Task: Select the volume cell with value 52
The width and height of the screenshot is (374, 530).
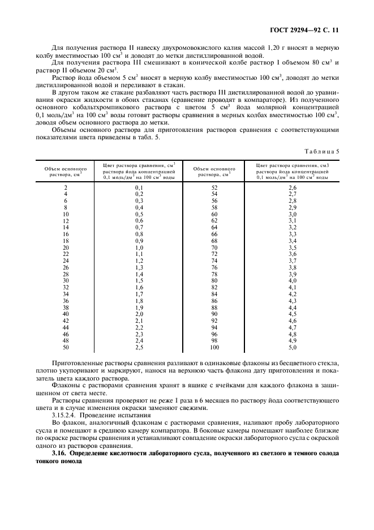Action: pos(214,187)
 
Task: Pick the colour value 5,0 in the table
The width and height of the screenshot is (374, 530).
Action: pos(293,347)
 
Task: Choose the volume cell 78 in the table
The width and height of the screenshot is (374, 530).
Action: pos(214,274)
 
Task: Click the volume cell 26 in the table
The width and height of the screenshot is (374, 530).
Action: pos(66,267)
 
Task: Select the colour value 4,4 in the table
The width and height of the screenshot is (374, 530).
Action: pos(293,307)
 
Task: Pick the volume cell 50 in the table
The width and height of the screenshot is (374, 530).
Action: pos(66,347)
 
